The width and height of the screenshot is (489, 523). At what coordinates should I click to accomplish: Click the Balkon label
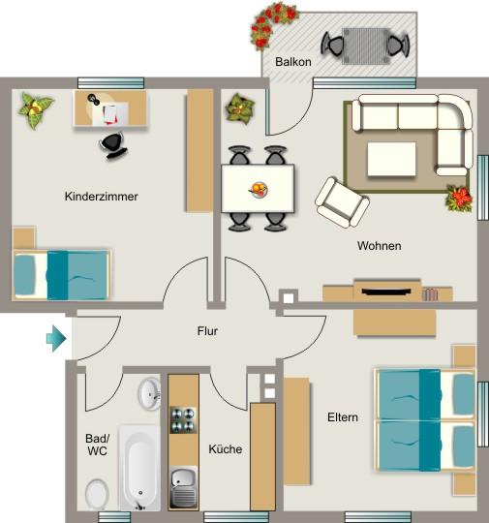pos(292,61)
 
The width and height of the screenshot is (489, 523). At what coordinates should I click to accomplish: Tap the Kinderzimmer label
pos(102,197)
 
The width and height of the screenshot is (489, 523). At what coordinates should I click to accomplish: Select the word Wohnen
pos(379,246)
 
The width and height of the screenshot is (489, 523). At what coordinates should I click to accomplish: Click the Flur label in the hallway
pos(207,331)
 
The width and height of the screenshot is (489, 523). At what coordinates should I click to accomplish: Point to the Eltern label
pos(342,417)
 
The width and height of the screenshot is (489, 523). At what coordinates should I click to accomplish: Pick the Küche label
pos(226,449)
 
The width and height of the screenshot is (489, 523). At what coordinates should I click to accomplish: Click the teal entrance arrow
pos(55,339)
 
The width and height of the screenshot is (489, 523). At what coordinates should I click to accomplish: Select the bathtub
pos(140,469)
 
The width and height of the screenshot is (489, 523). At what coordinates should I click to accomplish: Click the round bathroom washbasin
pos(149,393)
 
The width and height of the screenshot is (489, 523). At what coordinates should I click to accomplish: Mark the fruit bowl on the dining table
pos(259,189)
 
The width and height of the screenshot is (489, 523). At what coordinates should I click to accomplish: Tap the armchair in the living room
pos(342,200)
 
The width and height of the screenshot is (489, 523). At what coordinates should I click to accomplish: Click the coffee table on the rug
pos(391,158)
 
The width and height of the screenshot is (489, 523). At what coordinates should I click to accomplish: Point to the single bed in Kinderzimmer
pos(62,273)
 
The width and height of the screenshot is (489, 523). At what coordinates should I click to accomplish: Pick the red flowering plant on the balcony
pos(275,22)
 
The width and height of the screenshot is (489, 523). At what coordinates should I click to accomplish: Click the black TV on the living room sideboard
pos(388,289)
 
